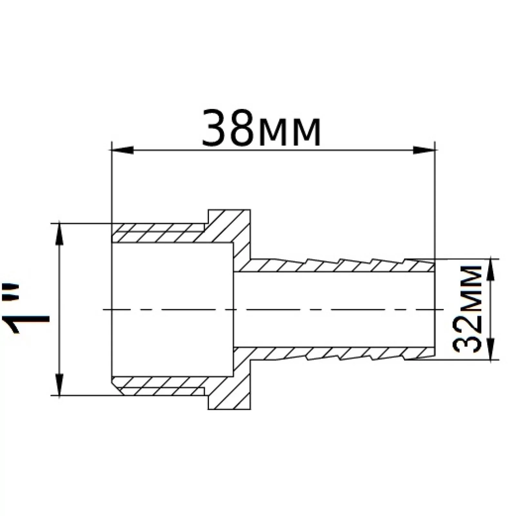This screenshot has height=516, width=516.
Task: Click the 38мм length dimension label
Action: coord(261,128)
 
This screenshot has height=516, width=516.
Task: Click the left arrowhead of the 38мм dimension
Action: coord(122,150)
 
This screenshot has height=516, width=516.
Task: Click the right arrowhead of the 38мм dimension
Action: coord(425,150)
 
